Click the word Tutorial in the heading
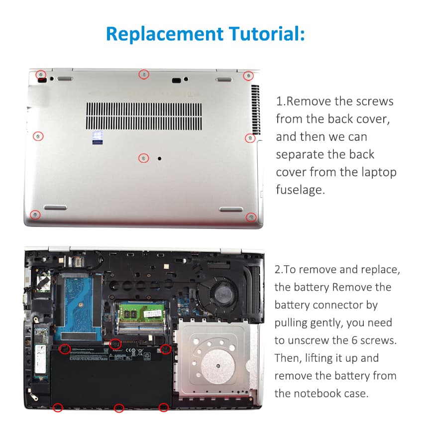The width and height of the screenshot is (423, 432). [x=267, y=34]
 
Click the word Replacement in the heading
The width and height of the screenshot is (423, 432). [x=165, y=34]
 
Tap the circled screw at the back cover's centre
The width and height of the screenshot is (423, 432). [x=143, y=158]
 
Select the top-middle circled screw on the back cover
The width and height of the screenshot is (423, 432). [x=144, y=74]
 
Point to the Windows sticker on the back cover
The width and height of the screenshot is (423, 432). [x=97, y=138]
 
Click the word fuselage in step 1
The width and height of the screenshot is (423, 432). [x=301, y=190]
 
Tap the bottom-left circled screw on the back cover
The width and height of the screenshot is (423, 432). [x=35, y=215]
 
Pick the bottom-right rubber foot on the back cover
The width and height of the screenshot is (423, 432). [x=231, y=209]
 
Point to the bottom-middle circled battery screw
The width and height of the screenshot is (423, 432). [x=119, y=408]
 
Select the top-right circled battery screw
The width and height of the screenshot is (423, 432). [x=166, y=349]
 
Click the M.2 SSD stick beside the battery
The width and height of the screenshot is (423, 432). [x=41, y=353]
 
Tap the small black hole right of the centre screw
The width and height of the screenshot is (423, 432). [x=160, y=158]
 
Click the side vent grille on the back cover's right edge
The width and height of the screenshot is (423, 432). [x=255, y=109]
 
